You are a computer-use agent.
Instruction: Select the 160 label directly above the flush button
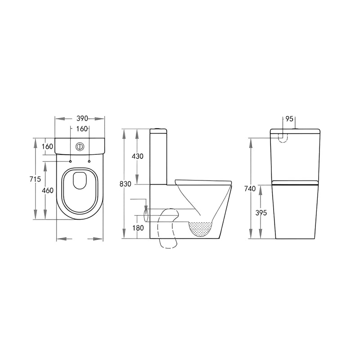[81, 129]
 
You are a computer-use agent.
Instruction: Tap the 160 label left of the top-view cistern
[48, 146]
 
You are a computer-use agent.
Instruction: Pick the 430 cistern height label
[137, 157]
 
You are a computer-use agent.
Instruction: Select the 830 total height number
[125, 184]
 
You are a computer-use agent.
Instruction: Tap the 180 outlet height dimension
[138, 228]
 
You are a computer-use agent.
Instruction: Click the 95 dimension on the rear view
[289, 119]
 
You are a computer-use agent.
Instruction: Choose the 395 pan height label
[261, 213]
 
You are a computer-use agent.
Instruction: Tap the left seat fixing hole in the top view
[71, 161]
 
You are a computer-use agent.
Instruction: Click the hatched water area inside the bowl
[201, 229]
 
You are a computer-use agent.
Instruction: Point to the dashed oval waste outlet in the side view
[146, 213]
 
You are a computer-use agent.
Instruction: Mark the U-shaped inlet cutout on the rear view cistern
[283, 137]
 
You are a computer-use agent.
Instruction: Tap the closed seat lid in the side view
[202, 181]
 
